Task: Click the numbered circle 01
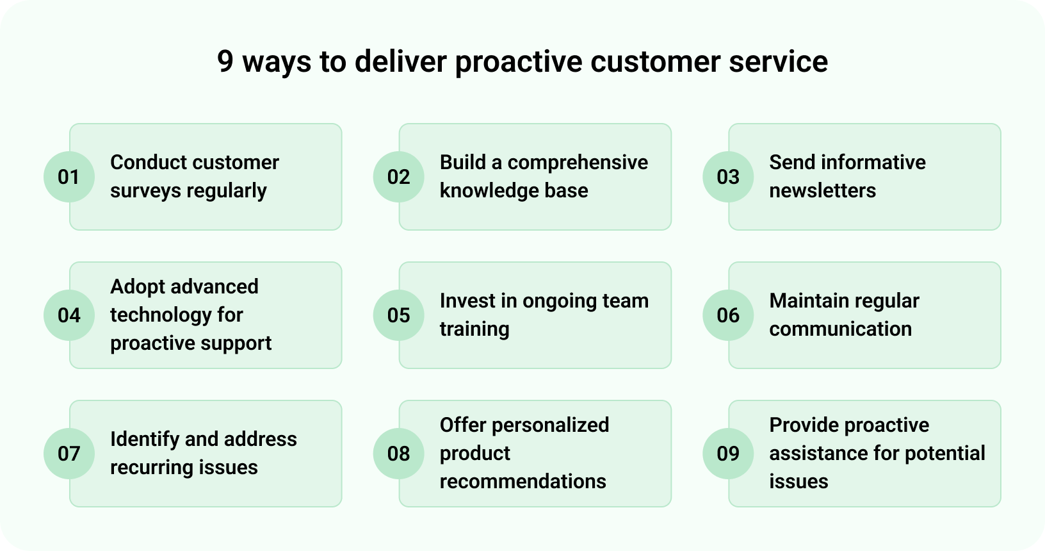click(x=69, y=177)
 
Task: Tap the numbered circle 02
click(x=398, y=177)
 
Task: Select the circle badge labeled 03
click(x=728, y=177)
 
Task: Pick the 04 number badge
click(x=69, y=315)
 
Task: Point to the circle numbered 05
click(x=398, y=315)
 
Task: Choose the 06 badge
click(x=728, y=315)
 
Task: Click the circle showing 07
click(x=69, y=454)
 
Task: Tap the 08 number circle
click(x=398, y=454)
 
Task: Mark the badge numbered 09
click(x=728, y=454)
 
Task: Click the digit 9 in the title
click(x=225, y=62)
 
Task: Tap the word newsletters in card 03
click(x=822, y=191)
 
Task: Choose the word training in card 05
click(x=474, y=329)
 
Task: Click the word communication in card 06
click(x=840, y=329)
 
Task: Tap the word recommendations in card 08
click(x=522, y=482)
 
